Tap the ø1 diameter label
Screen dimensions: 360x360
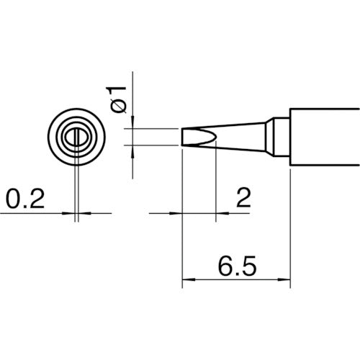tap(120, 98)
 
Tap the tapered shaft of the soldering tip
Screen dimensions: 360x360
tap(241, 137)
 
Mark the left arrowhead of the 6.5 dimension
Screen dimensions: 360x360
tap(188, 280)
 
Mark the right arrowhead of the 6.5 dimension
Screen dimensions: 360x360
tap(285, 280)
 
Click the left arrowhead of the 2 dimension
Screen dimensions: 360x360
tap(177, 213)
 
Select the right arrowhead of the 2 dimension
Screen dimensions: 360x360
tap(222, 213)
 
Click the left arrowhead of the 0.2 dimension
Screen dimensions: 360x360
tap(70, 213)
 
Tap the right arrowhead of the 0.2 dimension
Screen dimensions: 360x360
tap(82, 213)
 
